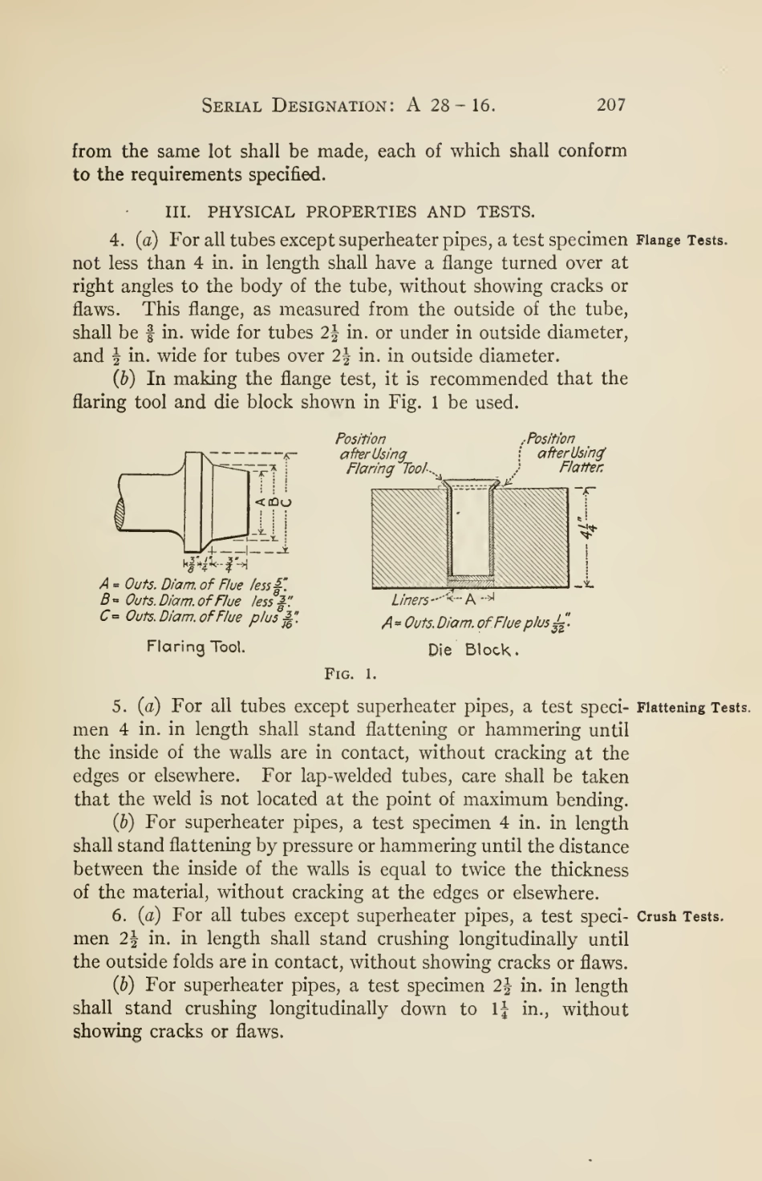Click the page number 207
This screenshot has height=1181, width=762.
[611, 104]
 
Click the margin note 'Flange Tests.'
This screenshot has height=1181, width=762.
[682, 240]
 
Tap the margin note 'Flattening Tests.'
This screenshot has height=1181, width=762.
[693, 708]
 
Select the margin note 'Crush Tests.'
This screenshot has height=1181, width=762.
[681, 917]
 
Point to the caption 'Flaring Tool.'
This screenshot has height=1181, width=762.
[196, 646]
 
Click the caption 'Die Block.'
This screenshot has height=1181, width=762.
[474, 650]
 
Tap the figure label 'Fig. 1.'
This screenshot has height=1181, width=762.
[351, 673]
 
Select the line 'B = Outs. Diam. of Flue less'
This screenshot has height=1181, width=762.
[197, 601]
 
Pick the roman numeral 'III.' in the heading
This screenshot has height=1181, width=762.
[177, 213]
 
